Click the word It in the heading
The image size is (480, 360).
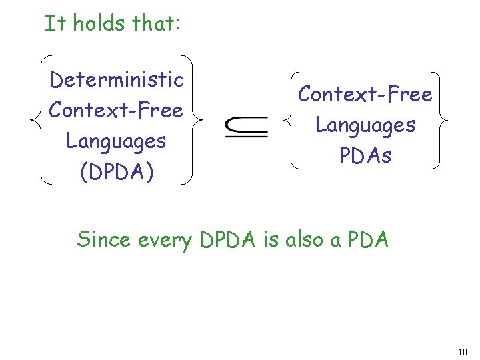(x=55, y=23)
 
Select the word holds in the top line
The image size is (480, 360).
(x=99, y=23)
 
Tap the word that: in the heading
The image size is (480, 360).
(x=155, y=23)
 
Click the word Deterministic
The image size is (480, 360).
(x=117, y=80)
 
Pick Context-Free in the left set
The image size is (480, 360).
(x=116, y=110)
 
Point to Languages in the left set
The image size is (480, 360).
(x=116, y=141)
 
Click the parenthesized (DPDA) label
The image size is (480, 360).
(x=116, y=171)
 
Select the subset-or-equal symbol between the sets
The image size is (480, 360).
(x=246, y=125)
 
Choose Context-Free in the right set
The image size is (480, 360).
(x=365, y=95)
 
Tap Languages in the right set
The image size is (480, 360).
(x=365, y=125)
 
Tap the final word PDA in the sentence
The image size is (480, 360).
(x=366, y=239)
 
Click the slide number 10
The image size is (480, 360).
(x=464, y=351)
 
